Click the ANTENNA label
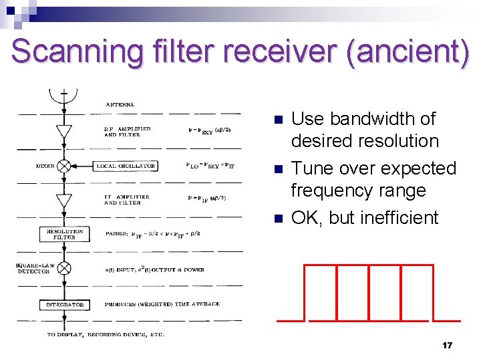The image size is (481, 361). point(120,104)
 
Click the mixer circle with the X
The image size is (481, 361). point(64,166)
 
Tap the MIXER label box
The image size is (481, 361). point(45,166)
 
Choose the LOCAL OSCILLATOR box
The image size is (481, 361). point(126,166)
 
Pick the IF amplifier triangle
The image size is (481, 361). point(64,200)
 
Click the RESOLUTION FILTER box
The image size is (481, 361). point(65,234)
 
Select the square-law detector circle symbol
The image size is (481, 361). point(64,268)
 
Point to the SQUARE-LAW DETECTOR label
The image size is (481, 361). point(32,268)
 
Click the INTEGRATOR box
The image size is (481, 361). point(65,304)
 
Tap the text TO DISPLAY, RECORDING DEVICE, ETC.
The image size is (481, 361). point(106,334)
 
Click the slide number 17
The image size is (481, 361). point(447,345)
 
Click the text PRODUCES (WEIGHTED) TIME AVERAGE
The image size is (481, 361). point(162,304)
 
